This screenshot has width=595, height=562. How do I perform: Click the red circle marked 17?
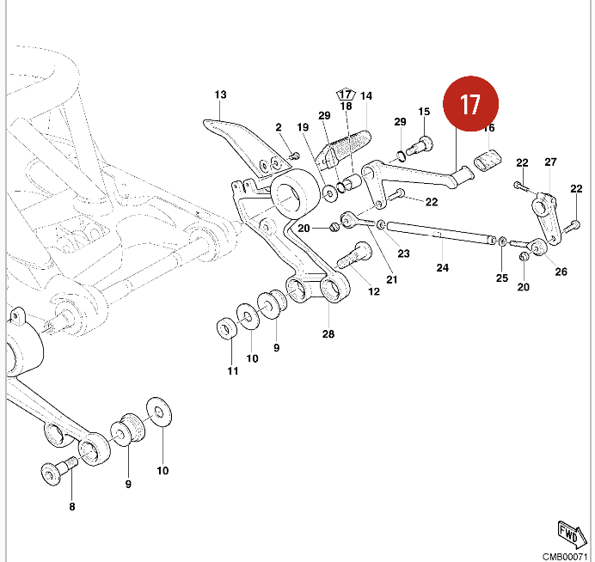point(470,104)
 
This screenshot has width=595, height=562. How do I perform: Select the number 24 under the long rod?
point(442,267)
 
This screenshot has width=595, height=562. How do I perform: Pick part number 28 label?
point(327,334)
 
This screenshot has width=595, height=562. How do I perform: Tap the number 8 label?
point(72,507)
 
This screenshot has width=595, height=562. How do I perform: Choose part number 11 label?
point(232,370)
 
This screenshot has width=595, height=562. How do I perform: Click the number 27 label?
point(551,162)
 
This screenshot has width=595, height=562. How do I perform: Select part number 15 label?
point(424,112)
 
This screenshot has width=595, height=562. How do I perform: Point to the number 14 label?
point(366,95)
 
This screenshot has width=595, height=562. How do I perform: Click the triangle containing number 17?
point(346,93)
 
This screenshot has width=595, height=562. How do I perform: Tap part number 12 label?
point(374,291)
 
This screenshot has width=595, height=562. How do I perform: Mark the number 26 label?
point(561,272)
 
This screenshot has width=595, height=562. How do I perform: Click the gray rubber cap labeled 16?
point(488,160)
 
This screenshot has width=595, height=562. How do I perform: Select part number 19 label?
point(303,127)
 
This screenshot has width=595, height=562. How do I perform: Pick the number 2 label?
point(279,127)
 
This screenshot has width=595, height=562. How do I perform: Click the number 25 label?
point(503,278)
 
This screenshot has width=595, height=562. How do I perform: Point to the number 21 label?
point(391,279)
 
